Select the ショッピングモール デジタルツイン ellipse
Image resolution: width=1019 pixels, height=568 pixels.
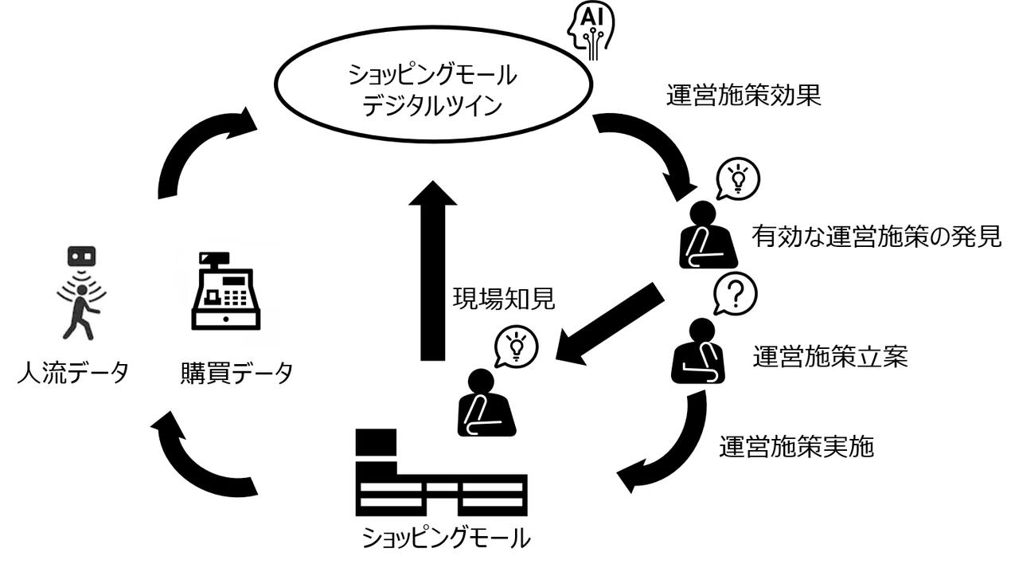click(433, 89)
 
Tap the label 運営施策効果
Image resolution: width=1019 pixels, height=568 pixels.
click(743, 96)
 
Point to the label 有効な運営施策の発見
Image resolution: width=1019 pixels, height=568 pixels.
click(876, 236)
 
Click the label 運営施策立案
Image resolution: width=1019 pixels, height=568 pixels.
click(830, 357)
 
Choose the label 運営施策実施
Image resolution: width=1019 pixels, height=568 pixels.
click(796, 447)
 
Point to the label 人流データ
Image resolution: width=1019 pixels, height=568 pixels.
click(72, 372)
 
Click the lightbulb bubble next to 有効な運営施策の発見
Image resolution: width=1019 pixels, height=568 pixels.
click(738, 179)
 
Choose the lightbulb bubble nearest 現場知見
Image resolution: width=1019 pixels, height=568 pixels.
click(516, 346)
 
